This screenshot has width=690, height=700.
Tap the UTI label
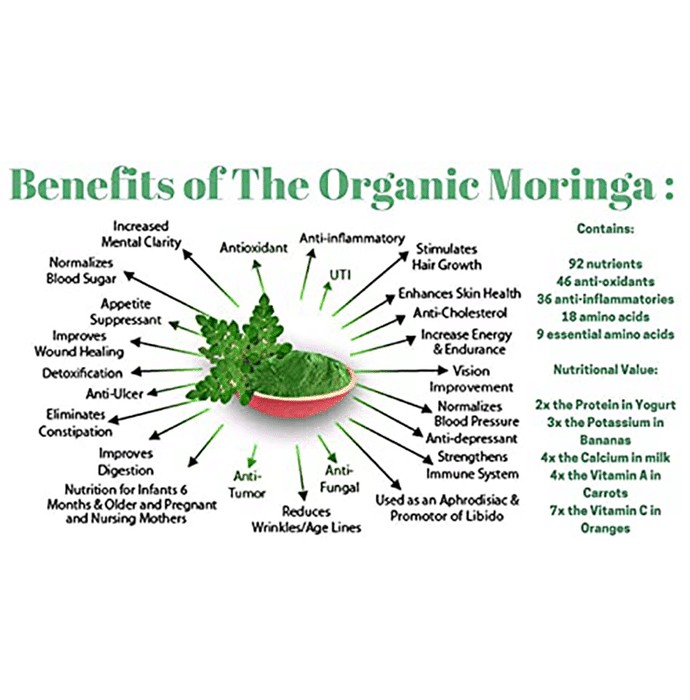(340, 275)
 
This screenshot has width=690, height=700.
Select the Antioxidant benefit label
(254, 247)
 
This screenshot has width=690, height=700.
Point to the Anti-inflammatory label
(352, 238)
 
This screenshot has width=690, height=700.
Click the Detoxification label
(82, 373)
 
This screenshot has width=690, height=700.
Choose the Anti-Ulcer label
(115, 393)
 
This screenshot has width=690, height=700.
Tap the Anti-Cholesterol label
(460, 312)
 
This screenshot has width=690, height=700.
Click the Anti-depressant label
(472, 438)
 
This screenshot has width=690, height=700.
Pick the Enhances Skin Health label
(459, 293)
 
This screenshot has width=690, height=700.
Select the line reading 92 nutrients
(605, 263)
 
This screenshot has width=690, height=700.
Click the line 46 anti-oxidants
(605, 281)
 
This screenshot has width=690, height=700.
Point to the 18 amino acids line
(605, 317)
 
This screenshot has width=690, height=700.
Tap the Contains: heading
(605, 228)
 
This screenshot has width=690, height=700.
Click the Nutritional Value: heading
(605, 370)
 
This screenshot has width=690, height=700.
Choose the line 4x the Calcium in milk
(605, 458)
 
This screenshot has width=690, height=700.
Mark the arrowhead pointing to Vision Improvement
(442, 370)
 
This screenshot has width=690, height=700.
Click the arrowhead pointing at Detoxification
(137, 371)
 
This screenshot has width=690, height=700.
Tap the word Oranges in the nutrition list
(605, 529)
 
